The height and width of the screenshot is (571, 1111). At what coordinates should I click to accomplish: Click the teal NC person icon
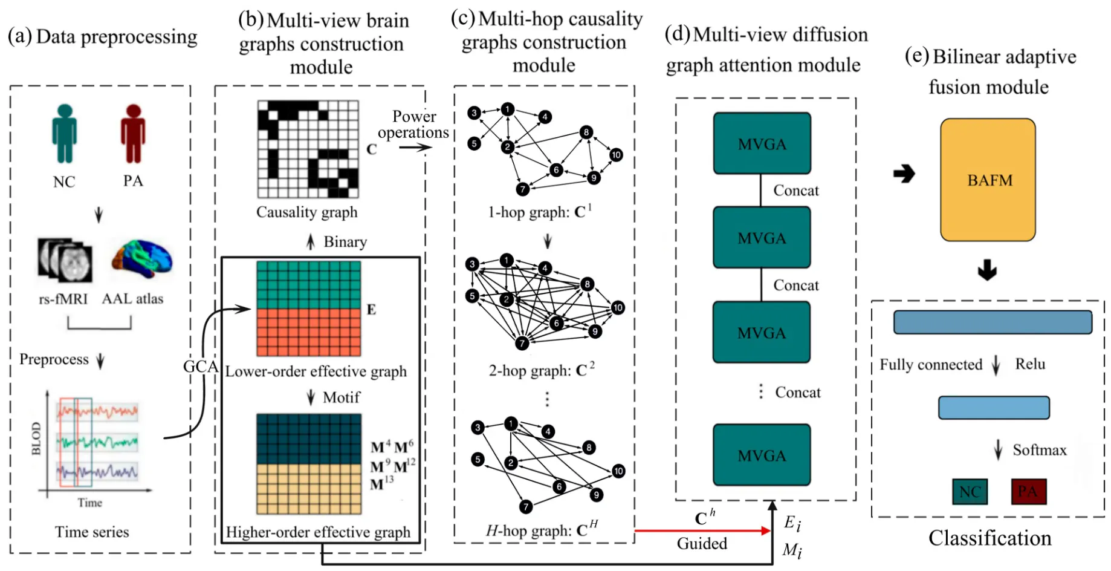tap(64, 134)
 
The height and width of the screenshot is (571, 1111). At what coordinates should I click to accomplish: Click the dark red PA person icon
tap(133, 134)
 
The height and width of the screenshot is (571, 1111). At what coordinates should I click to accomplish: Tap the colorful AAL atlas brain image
tap(141, 259)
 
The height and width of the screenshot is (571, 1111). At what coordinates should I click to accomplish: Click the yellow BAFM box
tap(988, 180)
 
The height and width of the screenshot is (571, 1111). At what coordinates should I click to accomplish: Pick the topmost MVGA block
tap(762, 144)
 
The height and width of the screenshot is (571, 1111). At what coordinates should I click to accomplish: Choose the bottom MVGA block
tap(762, 455)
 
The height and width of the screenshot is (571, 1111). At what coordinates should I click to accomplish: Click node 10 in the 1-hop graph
tap(616, 155)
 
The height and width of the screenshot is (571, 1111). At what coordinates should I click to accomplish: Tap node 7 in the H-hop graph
tap(526, 506)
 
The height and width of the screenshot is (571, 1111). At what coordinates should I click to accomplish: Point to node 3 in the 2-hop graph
tap(472, 264)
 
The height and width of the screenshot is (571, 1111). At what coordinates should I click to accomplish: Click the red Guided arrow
tap(701, 531)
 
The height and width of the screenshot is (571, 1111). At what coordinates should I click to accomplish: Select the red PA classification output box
tap(1028, 491)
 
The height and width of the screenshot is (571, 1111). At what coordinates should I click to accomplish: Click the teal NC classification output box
tap(970, 492)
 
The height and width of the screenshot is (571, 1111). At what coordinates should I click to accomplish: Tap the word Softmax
tap(1039, 450)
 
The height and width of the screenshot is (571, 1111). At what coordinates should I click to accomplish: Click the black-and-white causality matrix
tap(308, 149)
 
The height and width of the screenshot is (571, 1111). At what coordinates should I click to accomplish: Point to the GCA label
tap(200, 367)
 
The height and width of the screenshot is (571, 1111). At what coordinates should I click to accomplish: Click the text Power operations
tap(413, 124)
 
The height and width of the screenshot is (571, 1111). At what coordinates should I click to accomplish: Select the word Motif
tap(341, 397)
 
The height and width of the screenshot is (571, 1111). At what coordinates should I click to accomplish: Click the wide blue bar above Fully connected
tap(993, 322)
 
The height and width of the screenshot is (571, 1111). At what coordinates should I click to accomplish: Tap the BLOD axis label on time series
tap(36, 439)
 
